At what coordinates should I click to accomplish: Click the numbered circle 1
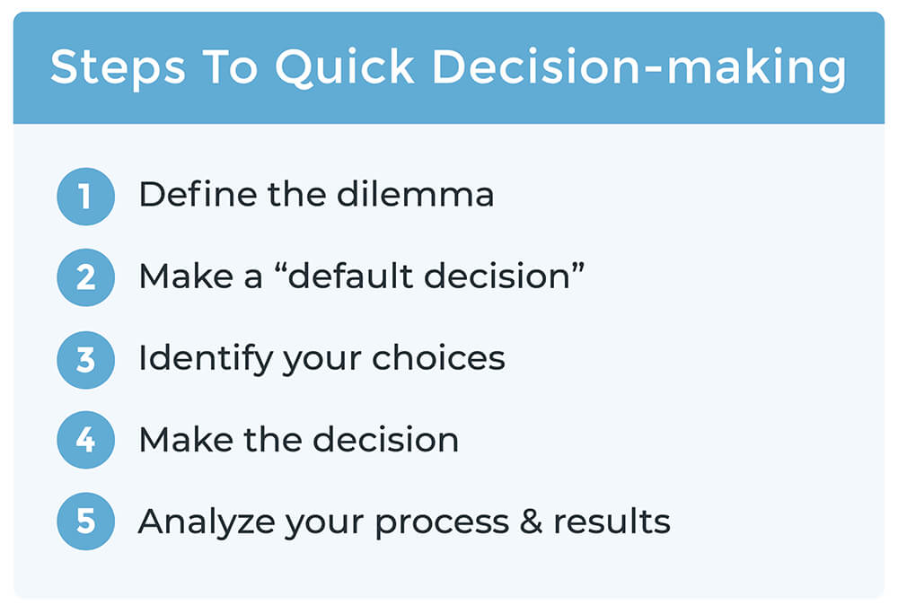coord(86,197)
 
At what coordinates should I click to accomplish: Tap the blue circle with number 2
coord(86,277)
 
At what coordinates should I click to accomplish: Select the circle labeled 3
coord(86,360)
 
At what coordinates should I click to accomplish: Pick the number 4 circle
coord(86,440)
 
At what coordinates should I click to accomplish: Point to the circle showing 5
coord(86,522)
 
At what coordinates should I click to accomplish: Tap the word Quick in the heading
coord(345,68)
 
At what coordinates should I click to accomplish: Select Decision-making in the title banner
coord(639,68)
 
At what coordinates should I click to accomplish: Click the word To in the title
coord(230,67)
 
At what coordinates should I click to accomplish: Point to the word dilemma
coord(415,194)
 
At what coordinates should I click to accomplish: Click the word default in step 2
coord(351,276)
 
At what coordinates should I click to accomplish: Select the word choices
coord(439,357)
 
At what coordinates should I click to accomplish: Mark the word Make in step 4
coord(186,440)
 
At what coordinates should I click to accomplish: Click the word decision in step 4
coord(385,440)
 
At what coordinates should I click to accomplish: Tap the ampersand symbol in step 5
coord(531,522)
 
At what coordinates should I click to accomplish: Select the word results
coord(612,522)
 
